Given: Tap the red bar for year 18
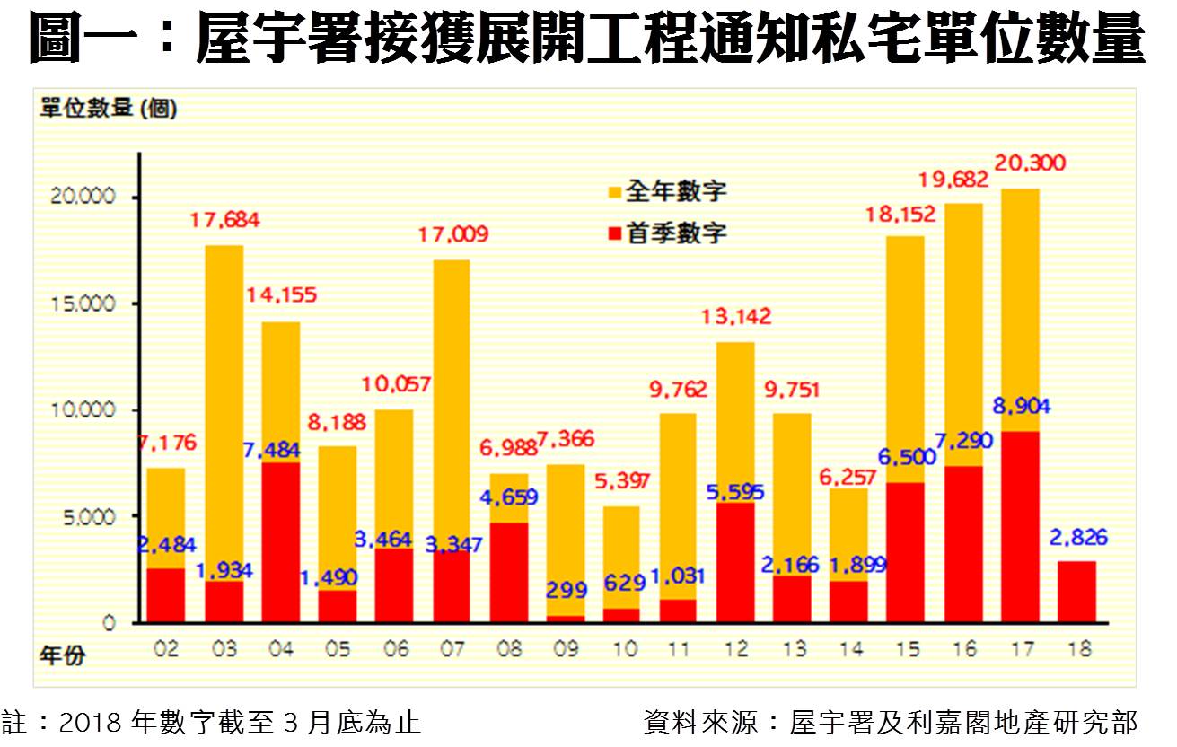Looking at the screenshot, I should coord(1076,592).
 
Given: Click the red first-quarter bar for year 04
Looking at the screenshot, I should coord(281,542).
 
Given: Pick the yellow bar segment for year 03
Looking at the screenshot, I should coord(224,413).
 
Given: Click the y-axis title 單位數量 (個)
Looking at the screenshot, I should coord(109,110).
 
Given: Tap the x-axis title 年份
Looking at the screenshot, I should coord(62,655).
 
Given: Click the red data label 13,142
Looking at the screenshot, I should coord(736,317).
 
